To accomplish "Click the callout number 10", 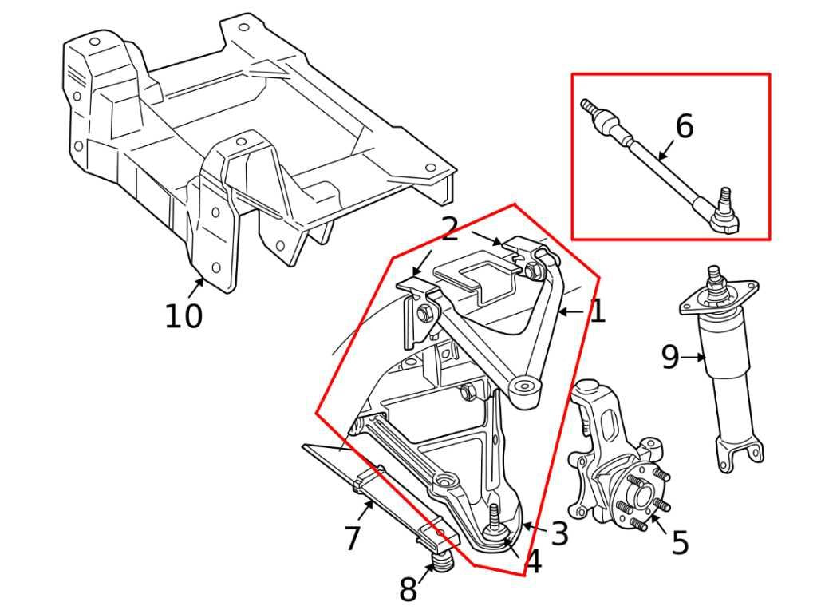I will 184,316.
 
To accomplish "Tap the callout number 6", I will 684,126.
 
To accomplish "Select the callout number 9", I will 670,358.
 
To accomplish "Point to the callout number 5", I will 679,544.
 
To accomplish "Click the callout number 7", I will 353,538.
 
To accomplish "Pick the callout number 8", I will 408,590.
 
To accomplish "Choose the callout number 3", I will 559,533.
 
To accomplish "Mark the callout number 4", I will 534,562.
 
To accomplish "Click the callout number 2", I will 450,230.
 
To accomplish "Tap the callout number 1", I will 597,311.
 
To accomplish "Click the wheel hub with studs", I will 640,499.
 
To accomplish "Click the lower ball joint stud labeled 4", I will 495,519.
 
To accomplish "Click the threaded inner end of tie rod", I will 590,107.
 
